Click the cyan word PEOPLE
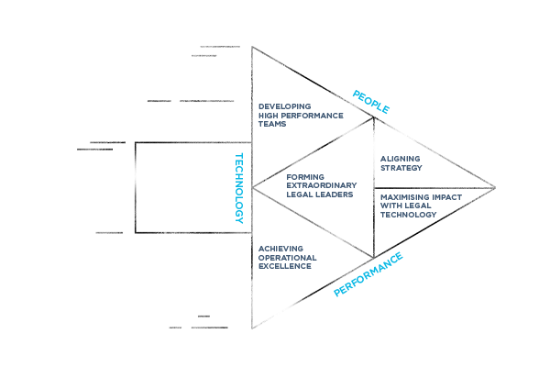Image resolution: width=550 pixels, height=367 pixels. pyautogui.click(x=372, y=102)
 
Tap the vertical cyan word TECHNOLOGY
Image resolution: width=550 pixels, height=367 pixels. pyautogui.click(x=244, y=188)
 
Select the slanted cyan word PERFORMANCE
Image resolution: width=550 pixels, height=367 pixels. pyautogui.click(x=368, y=273)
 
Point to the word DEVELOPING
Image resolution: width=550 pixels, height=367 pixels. pyautogui.click(x=280, y=107)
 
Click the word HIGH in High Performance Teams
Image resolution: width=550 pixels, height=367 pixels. pyautogui.click(x=268, y=116)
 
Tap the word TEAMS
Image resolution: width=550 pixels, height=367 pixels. pyautogui.click(x=272, y=124)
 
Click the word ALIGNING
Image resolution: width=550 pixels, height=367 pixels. pyautogui.click(x=400, y=159)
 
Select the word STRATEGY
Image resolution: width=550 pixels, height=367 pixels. pyautogui.click(x=401, y=168)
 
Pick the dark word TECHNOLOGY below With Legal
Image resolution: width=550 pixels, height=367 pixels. pyautogui.click(x=408, y=215)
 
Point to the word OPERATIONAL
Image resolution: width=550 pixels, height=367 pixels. pyautogui.click(x=286, y=258)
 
